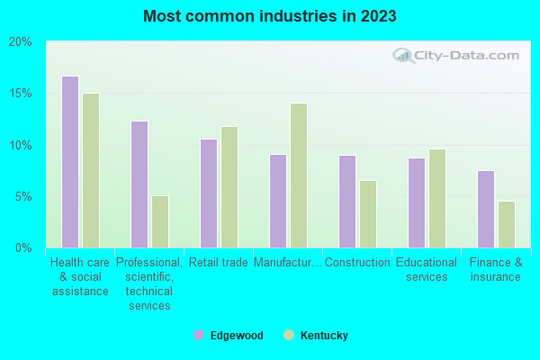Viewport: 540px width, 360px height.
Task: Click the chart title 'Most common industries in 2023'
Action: click(x=269, y=16)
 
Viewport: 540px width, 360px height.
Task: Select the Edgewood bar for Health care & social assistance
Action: click(x=70, y=162)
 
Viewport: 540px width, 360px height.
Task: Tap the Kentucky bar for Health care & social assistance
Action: click(x=91, y=170)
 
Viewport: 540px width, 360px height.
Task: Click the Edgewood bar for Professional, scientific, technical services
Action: click(x=139, y=184)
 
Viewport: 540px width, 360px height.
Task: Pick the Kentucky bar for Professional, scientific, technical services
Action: click(x=160, y=221)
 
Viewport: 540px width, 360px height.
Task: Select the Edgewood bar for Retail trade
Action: click(x=209, y=193)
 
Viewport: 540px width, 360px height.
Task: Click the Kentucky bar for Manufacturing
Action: click(x=299, y=175)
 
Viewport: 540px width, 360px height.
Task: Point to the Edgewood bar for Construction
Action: click(x=347, y=202)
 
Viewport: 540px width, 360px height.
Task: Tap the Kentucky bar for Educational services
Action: click(x=437, y=198)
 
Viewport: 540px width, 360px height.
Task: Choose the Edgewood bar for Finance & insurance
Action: click(x=486, y=209)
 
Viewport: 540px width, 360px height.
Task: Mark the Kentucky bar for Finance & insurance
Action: click(x=507, y=224)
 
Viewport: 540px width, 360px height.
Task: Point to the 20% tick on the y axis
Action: click(x=21, y=42)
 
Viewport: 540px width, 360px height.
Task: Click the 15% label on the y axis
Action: click(x=21, y=94)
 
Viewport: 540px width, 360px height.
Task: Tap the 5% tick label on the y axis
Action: click(x=23, y=196)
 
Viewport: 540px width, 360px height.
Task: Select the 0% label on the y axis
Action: click(x=23, y=247)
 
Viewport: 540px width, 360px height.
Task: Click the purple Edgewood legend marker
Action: click(x=199, y=335)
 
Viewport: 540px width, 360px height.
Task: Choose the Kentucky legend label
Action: click(x=323, y=336)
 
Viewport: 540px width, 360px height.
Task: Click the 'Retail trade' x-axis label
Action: click(x=218, y=263)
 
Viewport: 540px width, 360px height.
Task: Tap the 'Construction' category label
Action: click(x=356, y=263)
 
